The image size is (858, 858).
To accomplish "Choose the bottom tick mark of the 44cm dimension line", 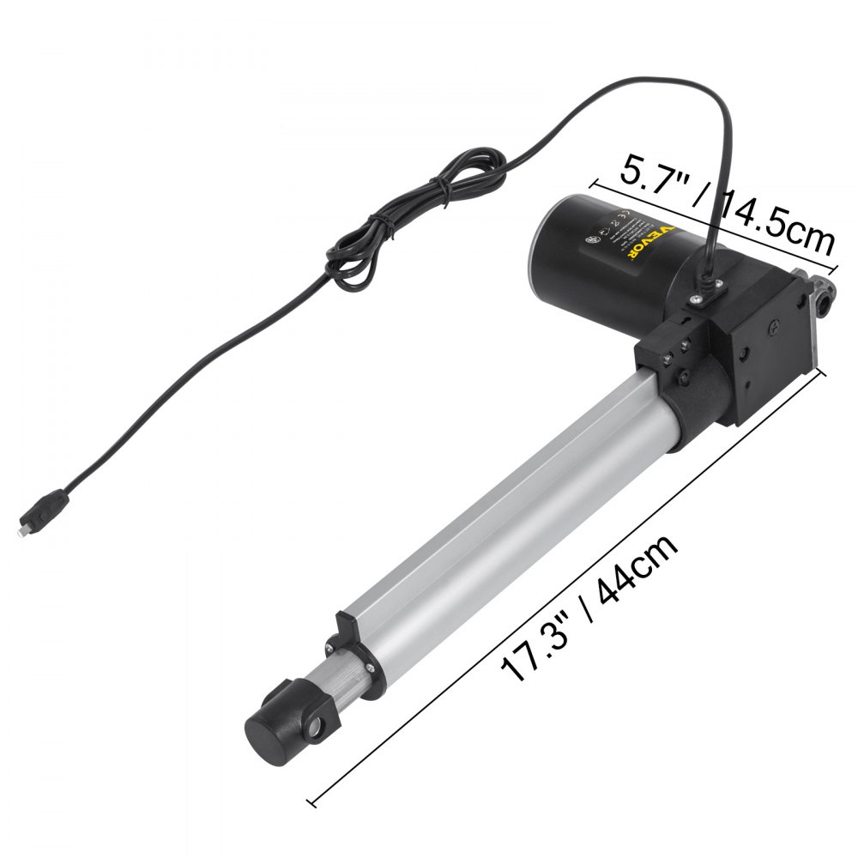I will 312,803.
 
